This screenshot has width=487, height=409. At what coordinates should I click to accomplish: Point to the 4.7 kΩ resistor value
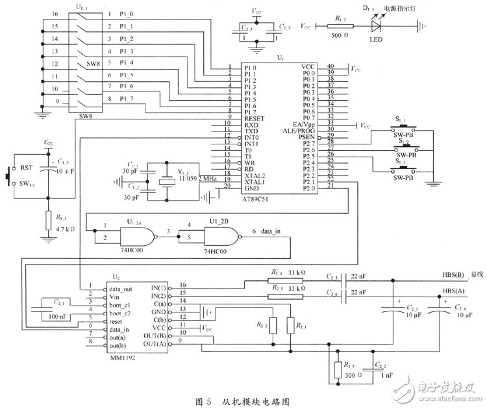point(67,230)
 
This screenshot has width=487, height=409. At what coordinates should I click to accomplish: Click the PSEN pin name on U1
point(308,137)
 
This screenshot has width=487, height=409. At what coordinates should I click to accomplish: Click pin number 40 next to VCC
point(330,66)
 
